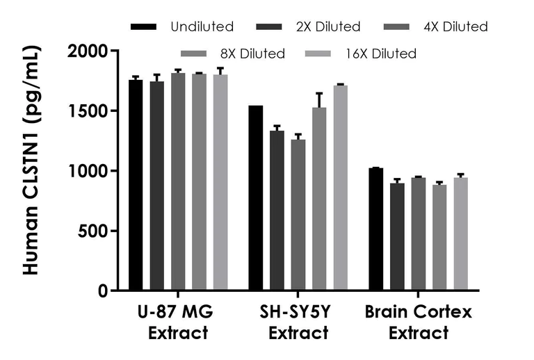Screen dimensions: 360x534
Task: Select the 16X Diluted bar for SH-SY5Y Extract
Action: [x=341, y=188]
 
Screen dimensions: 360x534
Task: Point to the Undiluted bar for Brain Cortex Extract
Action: [x=375, y=229]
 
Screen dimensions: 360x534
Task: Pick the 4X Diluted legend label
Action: [x=456, y=27]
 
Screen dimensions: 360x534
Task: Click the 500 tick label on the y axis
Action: [x=95, y=231]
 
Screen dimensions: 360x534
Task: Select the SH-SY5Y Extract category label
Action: [x=298, y=322]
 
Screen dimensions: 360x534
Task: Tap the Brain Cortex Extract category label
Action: [x=419, y=322]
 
